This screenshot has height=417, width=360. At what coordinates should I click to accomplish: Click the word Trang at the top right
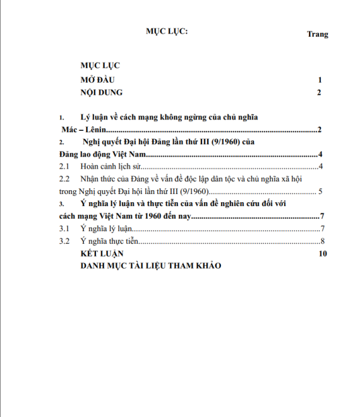click(318, 34)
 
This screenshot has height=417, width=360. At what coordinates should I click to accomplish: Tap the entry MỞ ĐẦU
click(97, 80)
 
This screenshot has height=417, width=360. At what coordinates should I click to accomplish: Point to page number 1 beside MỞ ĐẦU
click(320, 80)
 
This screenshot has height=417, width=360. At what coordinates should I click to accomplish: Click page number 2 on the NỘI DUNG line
click(320, 94)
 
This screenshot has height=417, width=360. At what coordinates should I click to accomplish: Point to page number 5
click(321, 191)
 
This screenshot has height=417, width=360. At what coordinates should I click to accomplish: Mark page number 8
click(322, 241)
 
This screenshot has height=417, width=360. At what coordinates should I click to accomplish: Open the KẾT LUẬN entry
click(102, 253)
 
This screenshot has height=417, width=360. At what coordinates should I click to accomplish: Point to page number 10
click(324, 253)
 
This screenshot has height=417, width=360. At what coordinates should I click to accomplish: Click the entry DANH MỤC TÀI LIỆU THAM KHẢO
click(150, 265)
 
